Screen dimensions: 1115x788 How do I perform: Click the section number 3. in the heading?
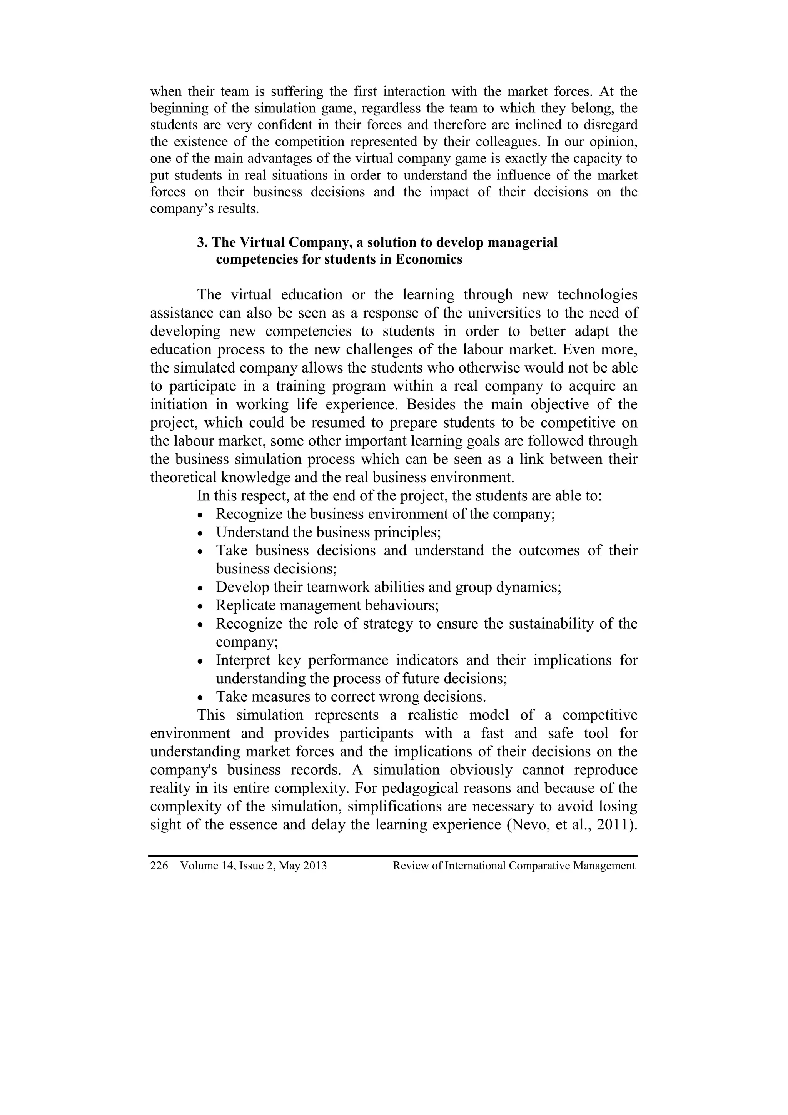coord(202,242)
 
